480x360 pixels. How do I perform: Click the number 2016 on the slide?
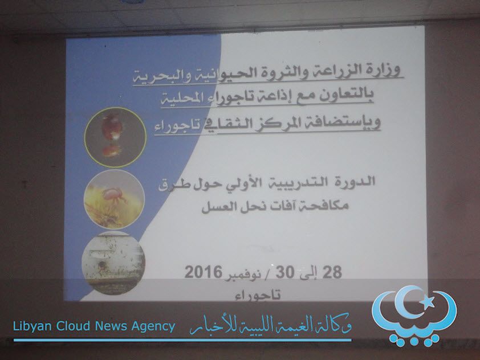[x=204, y=272]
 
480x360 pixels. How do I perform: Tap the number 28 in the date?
[x=332, y=272]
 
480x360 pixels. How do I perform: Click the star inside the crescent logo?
[x=427, y=302]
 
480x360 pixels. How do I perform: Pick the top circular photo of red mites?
[x=115, y=137]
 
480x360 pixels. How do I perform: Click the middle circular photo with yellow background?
[x=114, y=199]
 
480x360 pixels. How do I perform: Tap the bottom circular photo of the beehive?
[x=113, y=263]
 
